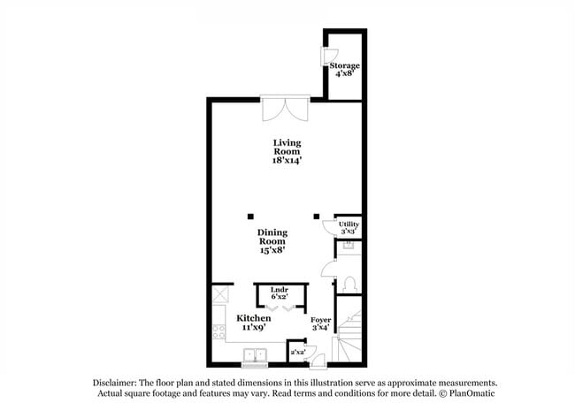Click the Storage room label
pyautogui.click(x=344, y=70)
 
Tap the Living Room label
pyautogui.click(x=287, y=151)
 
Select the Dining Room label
pyautogui.click(x=272, y=241)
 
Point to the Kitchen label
pyautogui.click(x=253, y=322)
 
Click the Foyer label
pyautogui.click(x=320, y=323)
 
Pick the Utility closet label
pyautogui.click(x=349, y=228)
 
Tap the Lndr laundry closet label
pyautogui.click(x=280, y=293)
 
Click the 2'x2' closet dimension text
pyautogui.click(x=298, y=353)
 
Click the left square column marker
pyautogui.click(x=250, y=216)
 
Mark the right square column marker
pyautogui.click(x=317, y=216)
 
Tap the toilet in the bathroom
pyautogui.click(x=349, y=284)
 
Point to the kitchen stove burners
pyautogui.click(x=218, y=332)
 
